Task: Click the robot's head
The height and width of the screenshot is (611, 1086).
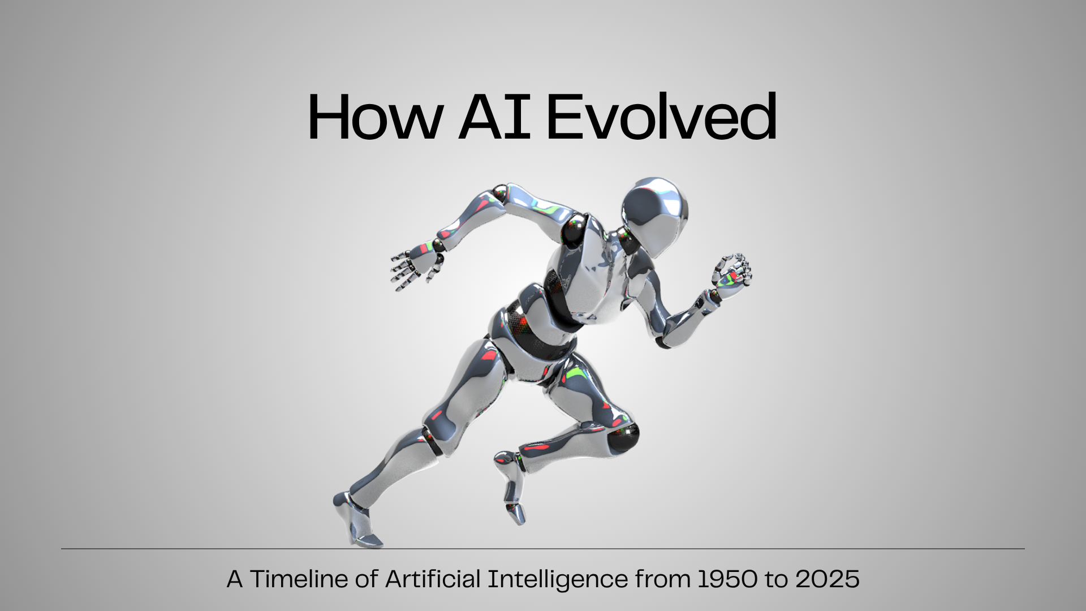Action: [656, 209]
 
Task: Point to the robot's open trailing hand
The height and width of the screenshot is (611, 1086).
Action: [416, 266]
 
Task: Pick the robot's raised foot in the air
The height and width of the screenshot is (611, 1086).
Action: [512, 487]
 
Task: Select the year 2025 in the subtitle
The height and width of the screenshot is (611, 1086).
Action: [827, 579]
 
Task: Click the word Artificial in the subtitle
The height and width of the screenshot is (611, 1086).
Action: [433, 579]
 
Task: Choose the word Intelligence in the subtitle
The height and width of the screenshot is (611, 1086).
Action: [557, 579]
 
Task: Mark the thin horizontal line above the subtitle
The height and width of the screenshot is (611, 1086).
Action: [543, 548]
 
